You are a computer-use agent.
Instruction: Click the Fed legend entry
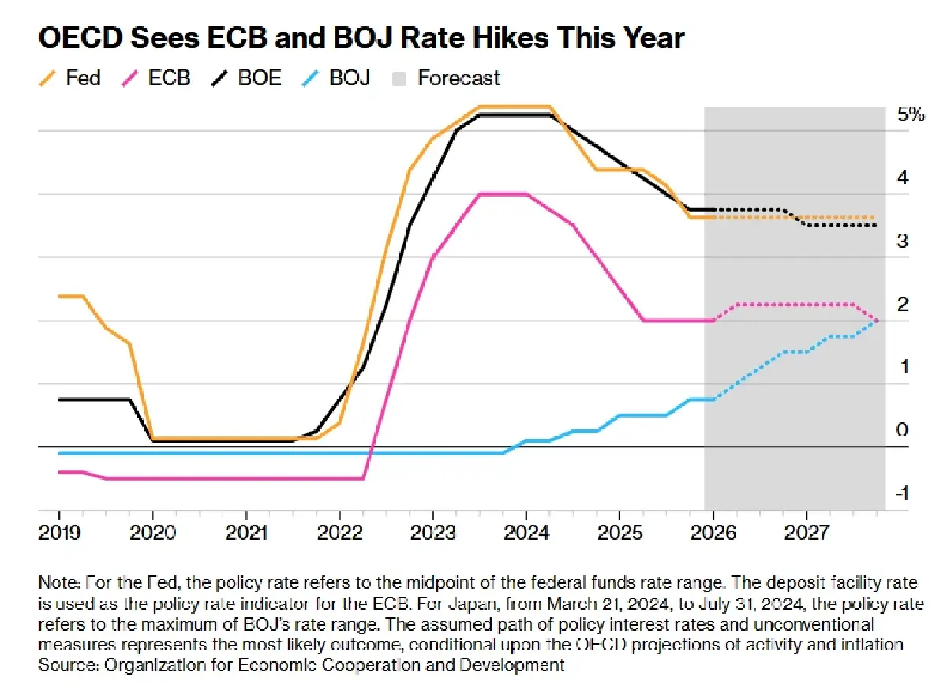coord(72,78)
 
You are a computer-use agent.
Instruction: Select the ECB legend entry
coord(157,78)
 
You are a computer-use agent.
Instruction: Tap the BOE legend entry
coord(246,78)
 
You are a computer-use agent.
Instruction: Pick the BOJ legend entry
coord(338,78)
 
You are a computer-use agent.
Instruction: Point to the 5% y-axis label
coord(910,114)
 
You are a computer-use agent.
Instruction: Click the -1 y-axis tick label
coord(903,493)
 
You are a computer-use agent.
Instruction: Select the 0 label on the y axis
coord(903,430)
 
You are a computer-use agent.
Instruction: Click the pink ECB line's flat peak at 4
coord(503,193)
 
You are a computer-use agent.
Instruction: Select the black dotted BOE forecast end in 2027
coord(874,226)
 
